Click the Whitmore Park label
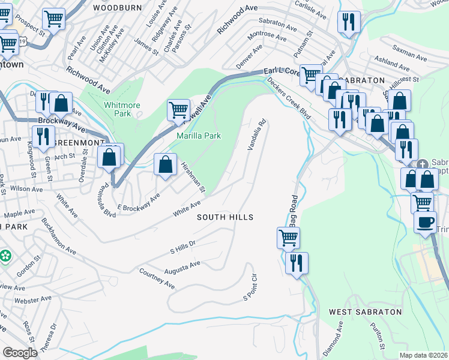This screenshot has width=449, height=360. [122, 109]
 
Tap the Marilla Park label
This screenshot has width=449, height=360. [199, 136]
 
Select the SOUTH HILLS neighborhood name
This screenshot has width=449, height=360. [225, 217]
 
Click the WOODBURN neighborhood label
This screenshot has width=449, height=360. [117, 8]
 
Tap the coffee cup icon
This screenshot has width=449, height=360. [426, 223]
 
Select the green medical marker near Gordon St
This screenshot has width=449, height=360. [6, 256]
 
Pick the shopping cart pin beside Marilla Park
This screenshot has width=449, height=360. [178, 110]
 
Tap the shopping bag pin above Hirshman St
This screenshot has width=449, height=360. [165, 164]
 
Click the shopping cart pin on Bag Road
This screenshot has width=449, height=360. [288, 238]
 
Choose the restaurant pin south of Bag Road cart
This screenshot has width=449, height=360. [297, 262]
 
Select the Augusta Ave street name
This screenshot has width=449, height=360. [185, 265]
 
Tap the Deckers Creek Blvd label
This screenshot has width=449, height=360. [288, 98]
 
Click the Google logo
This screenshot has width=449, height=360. [20, 353]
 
